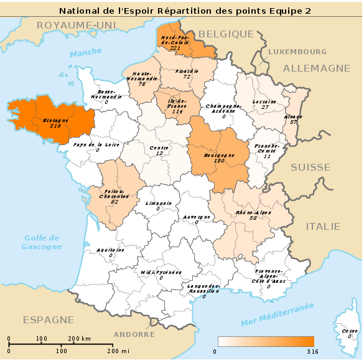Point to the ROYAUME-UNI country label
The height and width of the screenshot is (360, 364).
pos(68,25)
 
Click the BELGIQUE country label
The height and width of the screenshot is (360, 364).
pos(226,34)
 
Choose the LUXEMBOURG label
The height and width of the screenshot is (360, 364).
pos(297,52)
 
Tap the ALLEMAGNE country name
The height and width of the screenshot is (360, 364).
pos(317,68)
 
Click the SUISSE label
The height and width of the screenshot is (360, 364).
pos(310,167)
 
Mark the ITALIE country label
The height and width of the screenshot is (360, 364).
pos(323,226)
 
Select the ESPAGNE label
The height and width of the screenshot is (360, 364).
pos(49,320)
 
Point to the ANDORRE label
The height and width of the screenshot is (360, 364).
pos(134,334)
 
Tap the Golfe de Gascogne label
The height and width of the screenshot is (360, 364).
pos(41,242)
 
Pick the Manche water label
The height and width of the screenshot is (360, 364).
pos(85,54)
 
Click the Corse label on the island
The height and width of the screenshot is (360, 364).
pos(349,331)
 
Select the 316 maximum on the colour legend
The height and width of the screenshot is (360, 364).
pos(312,352)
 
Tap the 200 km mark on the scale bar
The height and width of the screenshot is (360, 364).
pos(79,338)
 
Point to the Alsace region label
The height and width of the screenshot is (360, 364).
pos(292,116)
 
